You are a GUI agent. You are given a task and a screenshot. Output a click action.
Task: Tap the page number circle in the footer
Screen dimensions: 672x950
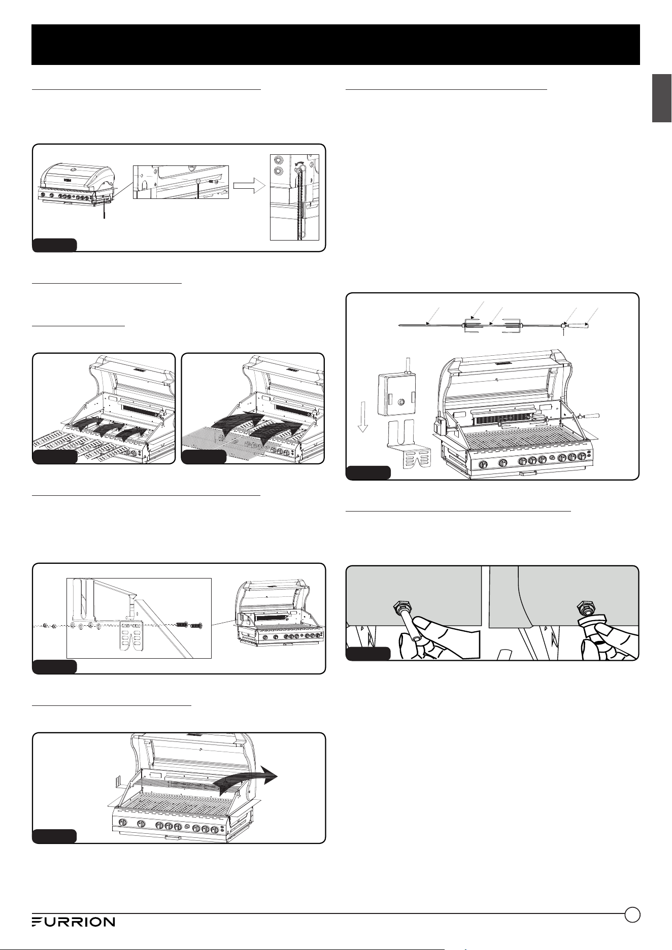632,914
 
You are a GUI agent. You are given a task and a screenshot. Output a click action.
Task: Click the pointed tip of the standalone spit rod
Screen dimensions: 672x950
399,325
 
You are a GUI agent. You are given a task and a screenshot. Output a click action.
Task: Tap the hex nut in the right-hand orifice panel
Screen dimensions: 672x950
585,606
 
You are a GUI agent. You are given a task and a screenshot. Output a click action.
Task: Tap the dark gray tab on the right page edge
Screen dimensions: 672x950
662,98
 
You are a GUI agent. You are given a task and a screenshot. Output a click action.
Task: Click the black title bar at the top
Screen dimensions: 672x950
335,45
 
